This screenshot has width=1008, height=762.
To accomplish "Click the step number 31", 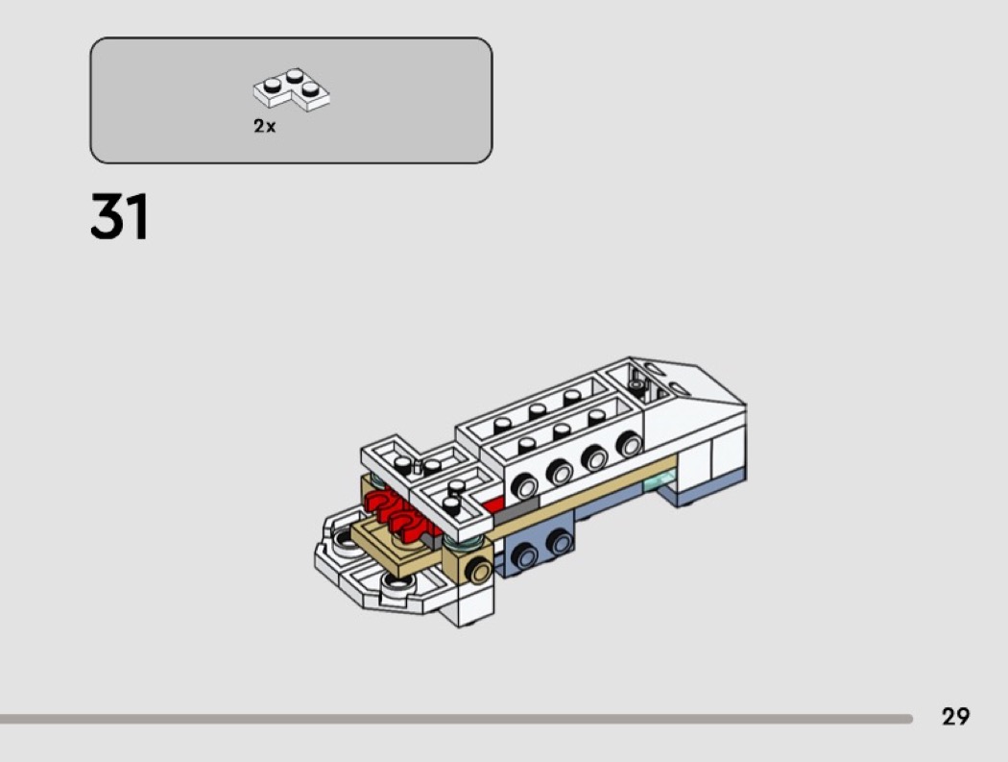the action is pos(120,217).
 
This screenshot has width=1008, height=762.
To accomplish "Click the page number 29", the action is pos(955,716).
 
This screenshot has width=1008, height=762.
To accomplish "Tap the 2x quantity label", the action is pos(264,126).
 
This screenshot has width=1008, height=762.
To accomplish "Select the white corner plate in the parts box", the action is pos(292,88).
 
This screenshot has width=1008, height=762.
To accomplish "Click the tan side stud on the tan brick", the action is pos(479,571).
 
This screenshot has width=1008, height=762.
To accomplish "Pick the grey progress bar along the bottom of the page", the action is pos(456,719).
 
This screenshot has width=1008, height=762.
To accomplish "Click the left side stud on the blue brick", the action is pos(524,556).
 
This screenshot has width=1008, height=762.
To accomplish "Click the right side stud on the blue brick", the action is pos(560,543).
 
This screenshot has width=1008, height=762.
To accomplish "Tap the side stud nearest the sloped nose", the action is pos(629,445).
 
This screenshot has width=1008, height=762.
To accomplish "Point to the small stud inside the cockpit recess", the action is pos(636,386).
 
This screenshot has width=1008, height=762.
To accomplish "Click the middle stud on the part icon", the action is pos(295,75).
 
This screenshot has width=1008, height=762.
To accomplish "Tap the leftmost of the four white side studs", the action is pos(524,486).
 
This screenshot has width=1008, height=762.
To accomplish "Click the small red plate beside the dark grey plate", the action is pos(493,505).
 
